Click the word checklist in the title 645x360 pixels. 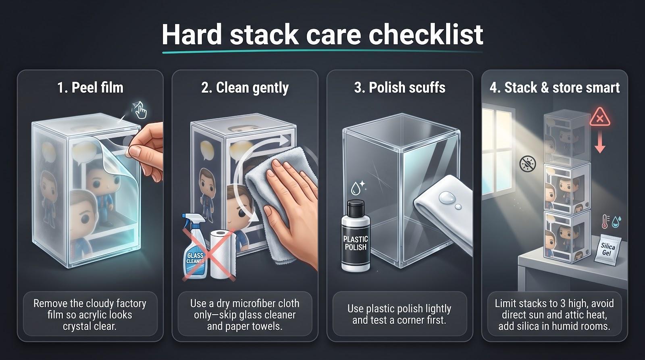tap(426, 34)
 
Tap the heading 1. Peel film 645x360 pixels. tap(90, 87)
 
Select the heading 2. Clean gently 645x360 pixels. tap(245, 88)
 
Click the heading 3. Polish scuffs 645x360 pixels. tap(399, 87)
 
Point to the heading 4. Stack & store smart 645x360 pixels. tap(555, 87)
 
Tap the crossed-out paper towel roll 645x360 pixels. tap(222, 254)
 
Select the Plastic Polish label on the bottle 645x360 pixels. tap(356, 243)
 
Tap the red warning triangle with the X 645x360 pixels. tap(600, 117)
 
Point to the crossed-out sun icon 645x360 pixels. tap(528, 164)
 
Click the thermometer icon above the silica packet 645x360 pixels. tap(605, 222)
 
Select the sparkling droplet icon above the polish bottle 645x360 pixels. tap(357, 187)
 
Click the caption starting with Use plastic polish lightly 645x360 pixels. tap(399, 314)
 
